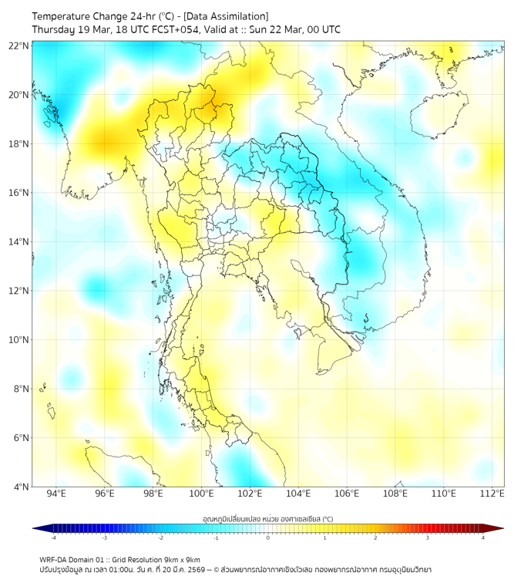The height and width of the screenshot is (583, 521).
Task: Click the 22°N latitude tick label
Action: pyautogui.click(x=18, y=46)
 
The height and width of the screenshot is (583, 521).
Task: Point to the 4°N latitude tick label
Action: pyautogui.click(x=21, y=487)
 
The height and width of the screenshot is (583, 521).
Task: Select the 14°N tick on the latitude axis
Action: pyautogui.click(x=18, y=242)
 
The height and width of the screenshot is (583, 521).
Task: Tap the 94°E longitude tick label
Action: pyautogui.click(x=56, y=494)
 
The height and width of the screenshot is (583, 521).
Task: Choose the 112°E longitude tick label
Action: pyautogui.click(x=492, y=494)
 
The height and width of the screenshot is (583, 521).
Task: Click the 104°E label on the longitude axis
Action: pyautogui.click(x=298, y=494)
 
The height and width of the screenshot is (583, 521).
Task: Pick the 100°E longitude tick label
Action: pyautogui.click(x=201, y=494)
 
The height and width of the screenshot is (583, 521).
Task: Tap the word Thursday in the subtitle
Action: pyautogui.click(x=53, y=29)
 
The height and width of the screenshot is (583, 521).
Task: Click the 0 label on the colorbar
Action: pyautogui.click(x=268, y=538)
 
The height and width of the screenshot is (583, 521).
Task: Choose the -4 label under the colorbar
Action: pyautogui.click(x=52, y=538)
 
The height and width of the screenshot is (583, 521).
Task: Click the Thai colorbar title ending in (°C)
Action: pyautogui.click(x=267, y=519)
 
